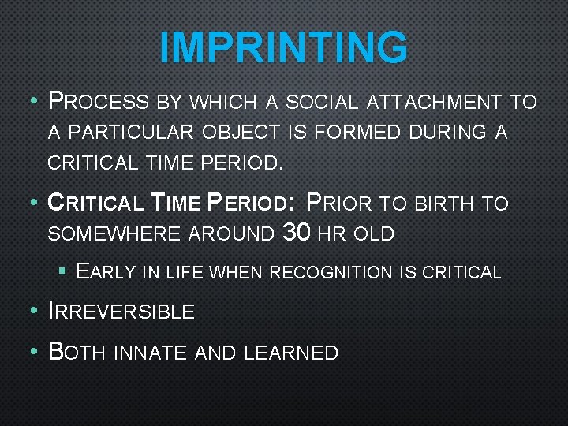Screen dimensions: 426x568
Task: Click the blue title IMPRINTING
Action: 284,47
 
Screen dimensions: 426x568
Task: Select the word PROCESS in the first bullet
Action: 98,102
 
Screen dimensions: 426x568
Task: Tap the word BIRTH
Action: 444,204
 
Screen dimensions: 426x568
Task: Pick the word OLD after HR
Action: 373,234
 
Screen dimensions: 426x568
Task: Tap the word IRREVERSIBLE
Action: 121,311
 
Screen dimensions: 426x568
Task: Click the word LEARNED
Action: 291,353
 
